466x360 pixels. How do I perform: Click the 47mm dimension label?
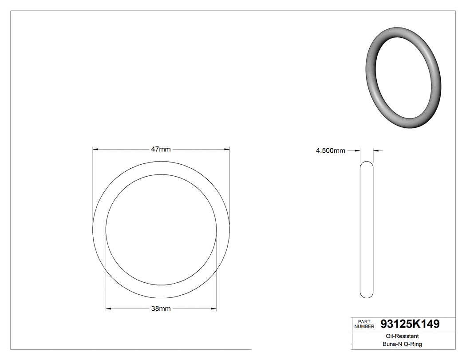pos(161,150)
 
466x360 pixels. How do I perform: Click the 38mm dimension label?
pos(161,309)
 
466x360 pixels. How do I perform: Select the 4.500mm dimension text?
pos(330,151)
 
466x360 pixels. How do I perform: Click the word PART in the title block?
pos(363,321)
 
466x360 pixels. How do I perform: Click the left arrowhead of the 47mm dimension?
pos(95,150)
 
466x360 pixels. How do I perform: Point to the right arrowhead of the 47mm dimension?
pos(227,150)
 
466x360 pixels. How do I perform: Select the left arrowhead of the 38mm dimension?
pos(108,309)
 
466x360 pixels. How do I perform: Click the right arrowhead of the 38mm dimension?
pos(214,309)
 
